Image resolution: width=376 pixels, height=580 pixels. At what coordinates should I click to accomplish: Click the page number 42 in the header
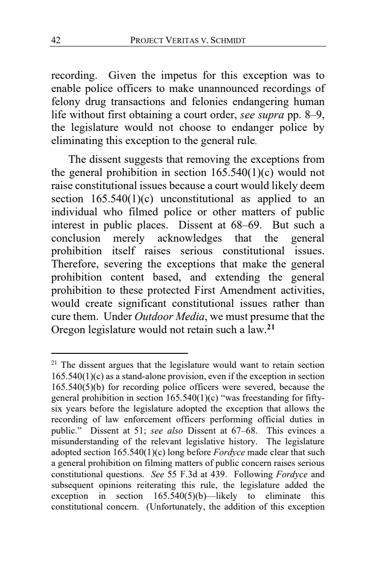[x=56, y=41]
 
